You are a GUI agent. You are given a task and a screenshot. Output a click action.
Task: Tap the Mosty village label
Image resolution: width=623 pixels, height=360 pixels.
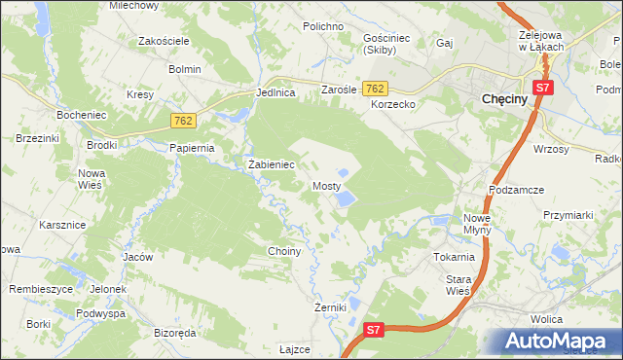pos(326,185)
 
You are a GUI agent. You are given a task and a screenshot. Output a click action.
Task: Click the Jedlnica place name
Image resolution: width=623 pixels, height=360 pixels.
pos(275,93)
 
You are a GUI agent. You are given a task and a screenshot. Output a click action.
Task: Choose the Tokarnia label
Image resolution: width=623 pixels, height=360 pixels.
pos(455,258)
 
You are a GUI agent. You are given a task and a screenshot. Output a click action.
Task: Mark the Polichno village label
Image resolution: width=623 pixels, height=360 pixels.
pos(323,26)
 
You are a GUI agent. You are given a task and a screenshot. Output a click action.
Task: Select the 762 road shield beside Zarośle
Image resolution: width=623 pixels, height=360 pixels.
pos(376,89)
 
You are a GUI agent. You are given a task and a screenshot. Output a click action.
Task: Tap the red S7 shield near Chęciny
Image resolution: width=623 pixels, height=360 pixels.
pos(543,89)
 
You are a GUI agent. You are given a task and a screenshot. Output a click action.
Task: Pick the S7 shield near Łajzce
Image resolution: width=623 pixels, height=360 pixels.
pos(376,331)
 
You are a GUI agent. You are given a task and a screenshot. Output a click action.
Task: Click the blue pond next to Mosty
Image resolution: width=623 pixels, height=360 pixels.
pos(345,199)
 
